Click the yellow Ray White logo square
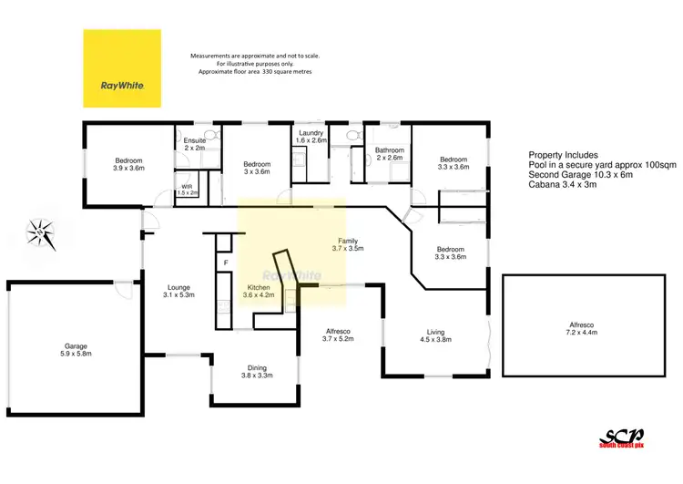pos(122,69)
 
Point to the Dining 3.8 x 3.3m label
pos(257,369)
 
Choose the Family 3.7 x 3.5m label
pos(347,243)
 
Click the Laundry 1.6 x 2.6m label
pos(311,137)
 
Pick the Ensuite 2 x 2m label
pos(195,145)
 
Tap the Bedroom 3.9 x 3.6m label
pos(127,164)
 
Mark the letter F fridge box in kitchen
pos(225,263)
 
